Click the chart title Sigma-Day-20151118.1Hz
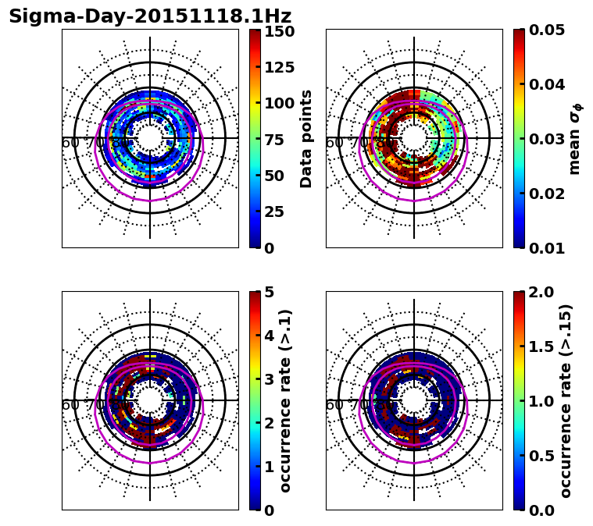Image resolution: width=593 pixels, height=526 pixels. point(150,16)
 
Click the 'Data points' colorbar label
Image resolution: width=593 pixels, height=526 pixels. point(306,139)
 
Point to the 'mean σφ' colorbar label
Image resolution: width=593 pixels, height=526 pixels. point(574,139)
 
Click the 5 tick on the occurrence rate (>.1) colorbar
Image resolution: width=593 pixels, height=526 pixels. point(268,293)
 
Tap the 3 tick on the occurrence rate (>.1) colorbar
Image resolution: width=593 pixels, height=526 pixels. point(268,379)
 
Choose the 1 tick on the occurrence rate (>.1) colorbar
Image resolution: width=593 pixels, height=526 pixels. point(268,467)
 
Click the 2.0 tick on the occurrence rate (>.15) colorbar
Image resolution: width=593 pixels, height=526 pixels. point(537,293)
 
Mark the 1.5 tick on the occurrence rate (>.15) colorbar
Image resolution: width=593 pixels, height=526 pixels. point(537,347)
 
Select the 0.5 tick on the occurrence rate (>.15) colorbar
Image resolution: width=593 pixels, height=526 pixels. point(537,456)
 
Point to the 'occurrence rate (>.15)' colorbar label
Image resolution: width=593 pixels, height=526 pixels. point(566,400)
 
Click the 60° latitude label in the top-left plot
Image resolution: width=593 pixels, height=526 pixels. point(70,143)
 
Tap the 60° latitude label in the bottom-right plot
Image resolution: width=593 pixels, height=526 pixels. point(334,405)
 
